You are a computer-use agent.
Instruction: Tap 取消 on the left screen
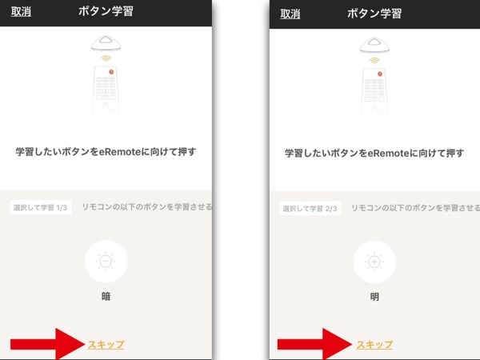(x=21, y=12)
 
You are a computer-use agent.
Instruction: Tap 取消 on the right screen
(x=290, y=14)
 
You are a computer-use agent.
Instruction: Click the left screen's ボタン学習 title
(x=106, y=11)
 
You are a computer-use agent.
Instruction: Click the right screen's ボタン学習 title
(x=374, y=14)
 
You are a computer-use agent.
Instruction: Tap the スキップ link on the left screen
(x=106, y=345)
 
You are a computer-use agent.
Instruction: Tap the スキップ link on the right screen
(x=374, y=345)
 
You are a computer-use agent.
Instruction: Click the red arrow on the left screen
(x=48, y=344)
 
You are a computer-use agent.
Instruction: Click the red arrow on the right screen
(x=315, y=344)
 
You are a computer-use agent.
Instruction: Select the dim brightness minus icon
(x=106, y=262)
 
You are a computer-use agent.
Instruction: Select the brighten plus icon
(x=374, y=262)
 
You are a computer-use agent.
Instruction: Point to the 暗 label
(x=106, y=296)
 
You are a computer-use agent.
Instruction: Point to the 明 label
(x=374, y=297)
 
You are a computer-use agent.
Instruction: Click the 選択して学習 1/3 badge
(x=41, y=207)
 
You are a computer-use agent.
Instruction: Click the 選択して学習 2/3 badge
(x=310, y=209)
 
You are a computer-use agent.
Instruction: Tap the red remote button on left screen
(x=111, y=72)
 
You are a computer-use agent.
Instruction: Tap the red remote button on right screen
(x=380, y=74)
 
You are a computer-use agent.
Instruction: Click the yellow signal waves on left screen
(x=106, y=58)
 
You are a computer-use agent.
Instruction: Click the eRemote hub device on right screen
(x=374, y=46)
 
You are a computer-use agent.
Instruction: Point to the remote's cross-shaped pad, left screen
(x=106, y=111)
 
